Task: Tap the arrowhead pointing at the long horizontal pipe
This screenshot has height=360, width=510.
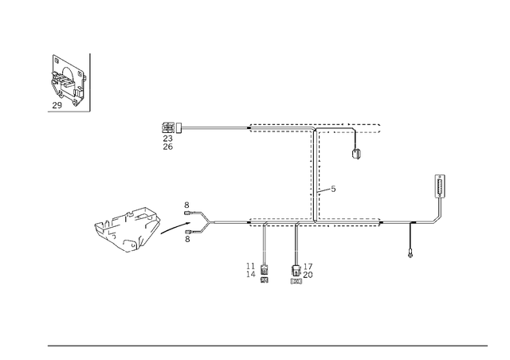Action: point(206,223)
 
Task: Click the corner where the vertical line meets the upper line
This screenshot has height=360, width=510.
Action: point(312,126)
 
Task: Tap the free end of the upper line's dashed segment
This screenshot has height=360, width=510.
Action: point(249,126)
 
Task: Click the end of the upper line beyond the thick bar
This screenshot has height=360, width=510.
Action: point(379,126)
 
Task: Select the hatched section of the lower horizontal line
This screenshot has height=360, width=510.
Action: point(315,224)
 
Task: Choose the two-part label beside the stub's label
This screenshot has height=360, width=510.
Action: point(257,272)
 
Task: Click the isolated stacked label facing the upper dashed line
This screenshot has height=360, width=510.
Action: point(170,136)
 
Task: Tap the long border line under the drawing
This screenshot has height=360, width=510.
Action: point(267,345)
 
